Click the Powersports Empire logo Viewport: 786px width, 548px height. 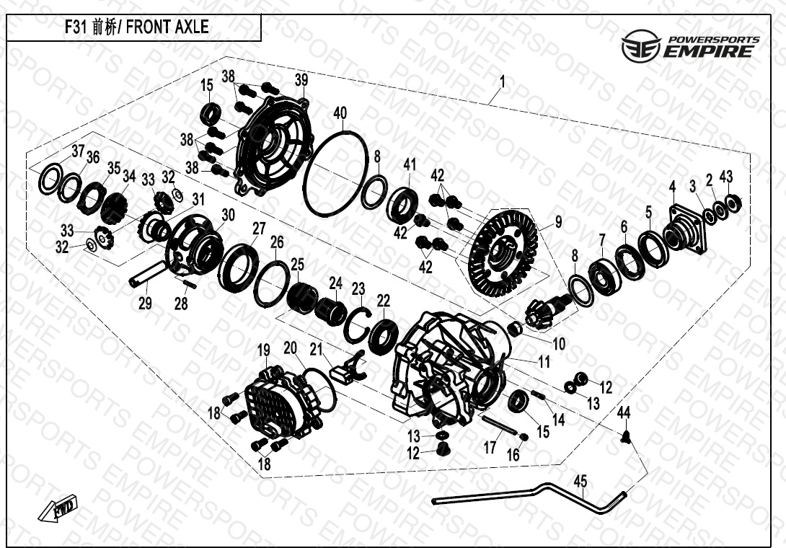(x=690, y=46)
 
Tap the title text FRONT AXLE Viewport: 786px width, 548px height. (x=167, y=27)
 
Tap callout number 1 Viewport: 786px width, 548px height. (x=503, y=81)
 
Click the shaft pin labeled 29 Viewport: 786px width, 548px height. (x=148, y=274)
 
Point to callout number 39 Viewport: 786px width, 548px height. (x=301, y=80)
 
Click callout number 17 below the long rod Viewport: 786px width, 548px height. (x=490, y=447)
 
